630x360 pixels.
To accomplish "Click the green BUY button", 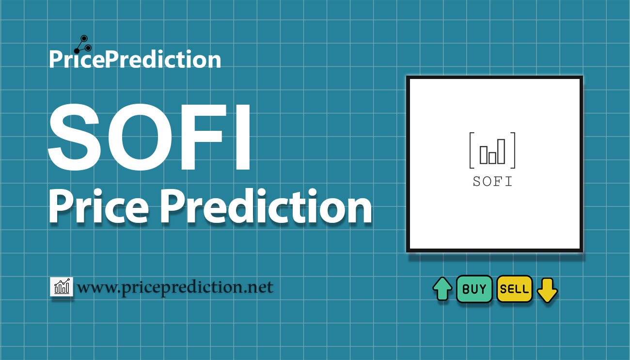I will point(474,289).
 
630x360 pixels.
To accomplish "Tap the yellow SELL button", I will point(514,289).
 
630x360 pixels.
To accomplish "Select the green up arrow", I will point(442,289).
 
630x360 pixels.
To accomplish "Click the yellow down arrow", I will point(547,290).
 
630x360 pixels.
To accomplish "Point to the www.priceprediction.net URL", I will point(175,287).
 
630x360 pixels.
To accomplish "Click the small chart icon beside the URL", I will point(62,287).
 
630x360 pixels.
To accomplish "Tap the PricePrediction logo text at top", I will point(135,60).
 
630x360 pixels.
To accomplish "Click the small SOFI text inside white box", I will point(493,182).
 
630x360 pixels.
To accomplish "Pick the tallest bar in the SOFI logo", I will point(501,151).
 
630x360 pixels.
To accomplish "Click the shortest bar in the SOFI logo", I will point(492,157).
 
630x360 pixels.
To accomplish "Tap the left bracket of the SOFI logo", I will point(471,150).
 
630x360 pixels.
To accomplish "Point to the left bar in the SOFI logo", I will point(483,154).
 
